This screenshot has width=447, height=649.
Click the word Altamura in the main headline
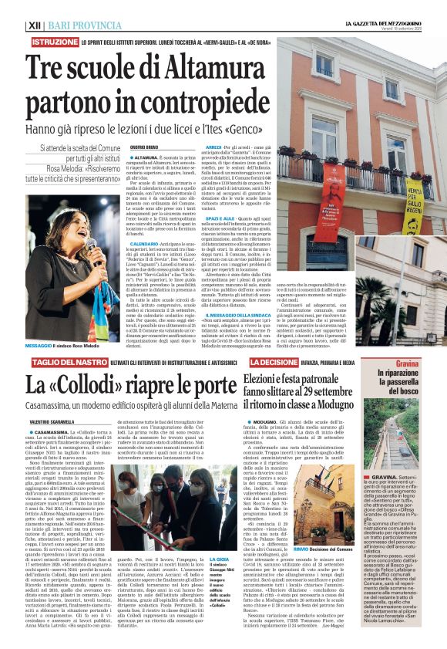[x=195, y=66]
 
